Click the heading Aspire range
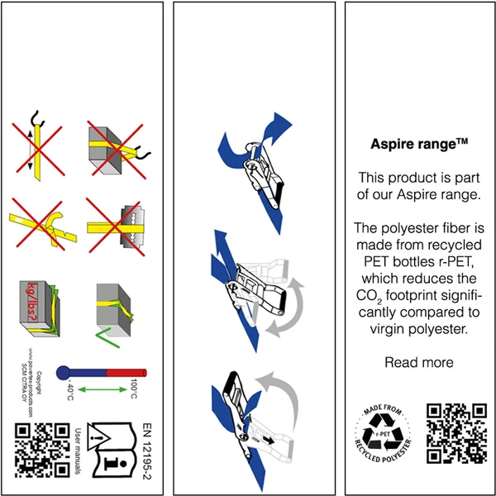pyautogui.click(x=419, y=143)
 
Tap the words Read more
pyautogui.click(x=419, y=362)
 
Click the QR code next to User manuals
pyautogui.click(x=41, y=449)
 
